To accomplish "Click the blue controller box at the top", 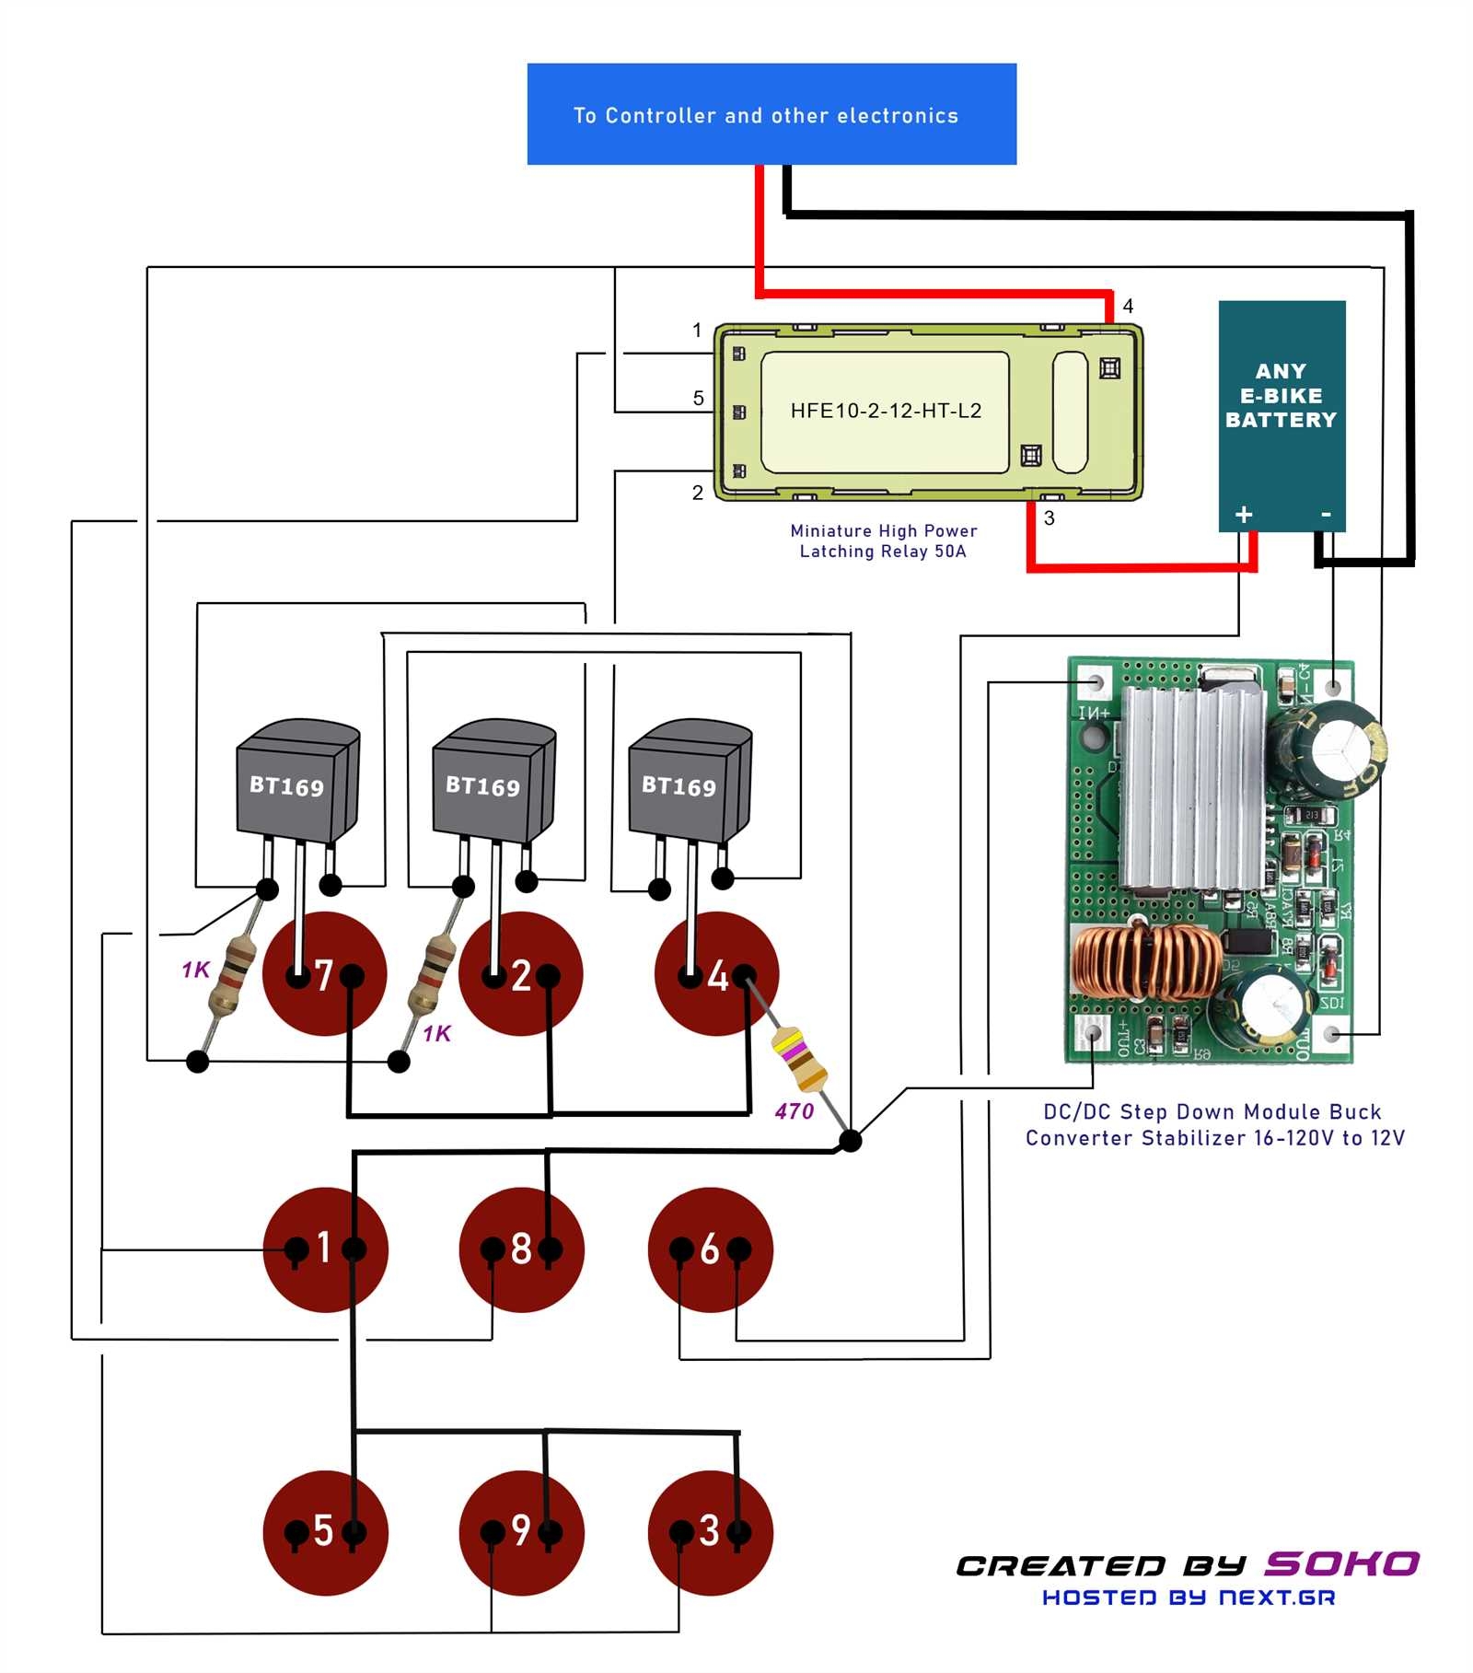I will click(x=771, y=114).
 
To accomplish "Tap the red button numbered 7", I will click(x=324, y=974).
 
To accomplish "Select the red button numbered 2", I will click(x=521, y=974).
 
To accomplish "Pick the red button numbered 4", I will click(x=716, y=974).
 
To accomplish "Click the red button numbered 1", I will click(x=324, y=1249).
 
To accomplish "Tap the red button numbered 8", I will click(x=521, y=1249).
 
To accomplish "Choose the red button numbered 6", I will click(x=709, y=1249).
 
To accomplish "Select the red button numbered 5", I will click(x=324, y=1531).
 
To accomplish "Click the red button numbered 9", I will click(x=521, y=1531).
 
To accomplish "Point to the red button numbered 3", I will click(x=709, y=1531).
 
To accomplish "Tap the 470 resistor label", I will click(x=794, y=1111).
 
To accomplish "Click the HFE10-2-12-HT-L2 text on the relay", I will click(x=886, y=411).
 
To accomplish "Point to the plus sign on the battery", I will click(x=1244, y=515).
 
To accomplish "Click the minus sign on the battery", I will click(x=1326, y=514).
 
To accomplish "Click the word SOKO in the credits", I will click(x=1341, y=1563).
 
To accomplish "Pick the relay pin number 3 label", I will click(x=1049, y=518).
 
